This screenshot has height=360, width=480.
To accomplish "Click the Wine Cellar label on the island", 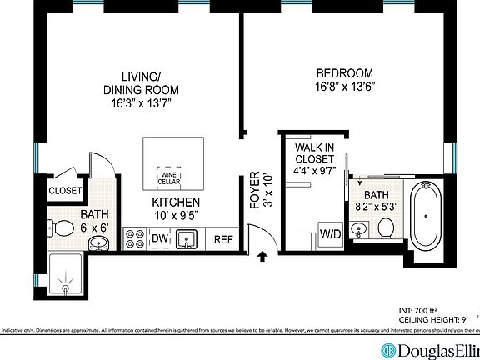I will point(169,177).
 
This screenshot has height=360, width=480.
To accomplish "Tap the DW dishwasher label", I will point(160,240).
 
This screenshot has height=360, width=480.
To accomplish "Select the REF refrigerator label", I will point(223,240).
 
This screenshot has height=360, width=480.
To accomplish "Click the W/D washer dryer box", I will point(330,234).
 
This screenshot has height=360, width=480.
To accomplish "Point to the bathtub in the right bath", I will point(427,217).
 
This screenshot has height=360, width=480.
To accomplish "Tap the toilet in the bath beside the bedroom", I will point(386,227).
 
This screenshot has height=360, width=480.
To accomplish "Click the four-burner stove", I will point(134,240).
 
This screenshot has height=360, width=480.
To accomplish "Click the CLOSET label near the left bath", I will point(65,191).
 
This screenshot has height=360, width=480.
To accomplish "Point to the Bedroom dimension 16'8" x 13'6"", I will point(345,86).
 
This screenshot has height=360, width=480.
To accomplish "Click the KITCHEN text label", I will point(175,202).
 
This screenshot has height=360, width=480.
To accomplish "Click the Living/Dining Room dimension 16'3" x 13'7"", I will point(141,103).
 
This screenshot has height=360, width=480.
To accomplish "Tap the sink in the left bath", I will point(97,243).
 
